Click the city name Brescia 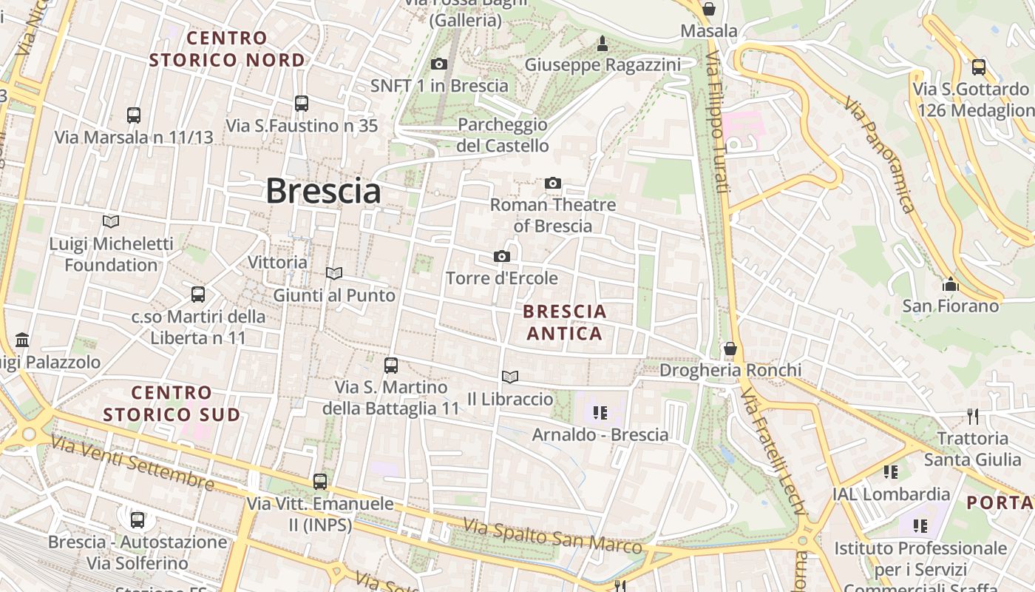pos(323,191)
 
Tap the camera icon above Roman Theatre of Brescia pos(553,183)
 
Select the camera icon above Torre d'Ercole pos(502,257)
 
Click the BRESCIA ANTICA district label pos(566,323)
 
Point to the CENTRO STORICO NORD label pos(227,49)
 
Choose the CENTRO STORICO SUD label pos(172,403)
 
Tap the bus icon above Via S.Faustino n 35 pos(302,104)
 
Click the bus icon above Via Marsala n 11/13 pos(134,115)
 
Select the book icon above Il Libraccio pos(510,377)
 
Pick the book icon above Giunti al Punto pos(334,274)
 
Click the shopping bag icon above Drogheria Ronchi pos(730,348)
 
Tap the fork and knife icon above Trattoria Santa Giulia pos(973,417)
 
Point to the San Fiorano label pos(950,306)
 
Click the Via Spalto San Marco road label pos(552,536)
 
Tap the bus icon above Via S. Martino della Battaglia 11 pos(391,366)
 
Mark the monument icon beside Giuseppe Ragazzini pos(603,44)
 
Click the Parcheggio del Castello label pos(503,135)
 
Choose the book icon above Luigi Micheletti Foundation pos(111,221)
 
